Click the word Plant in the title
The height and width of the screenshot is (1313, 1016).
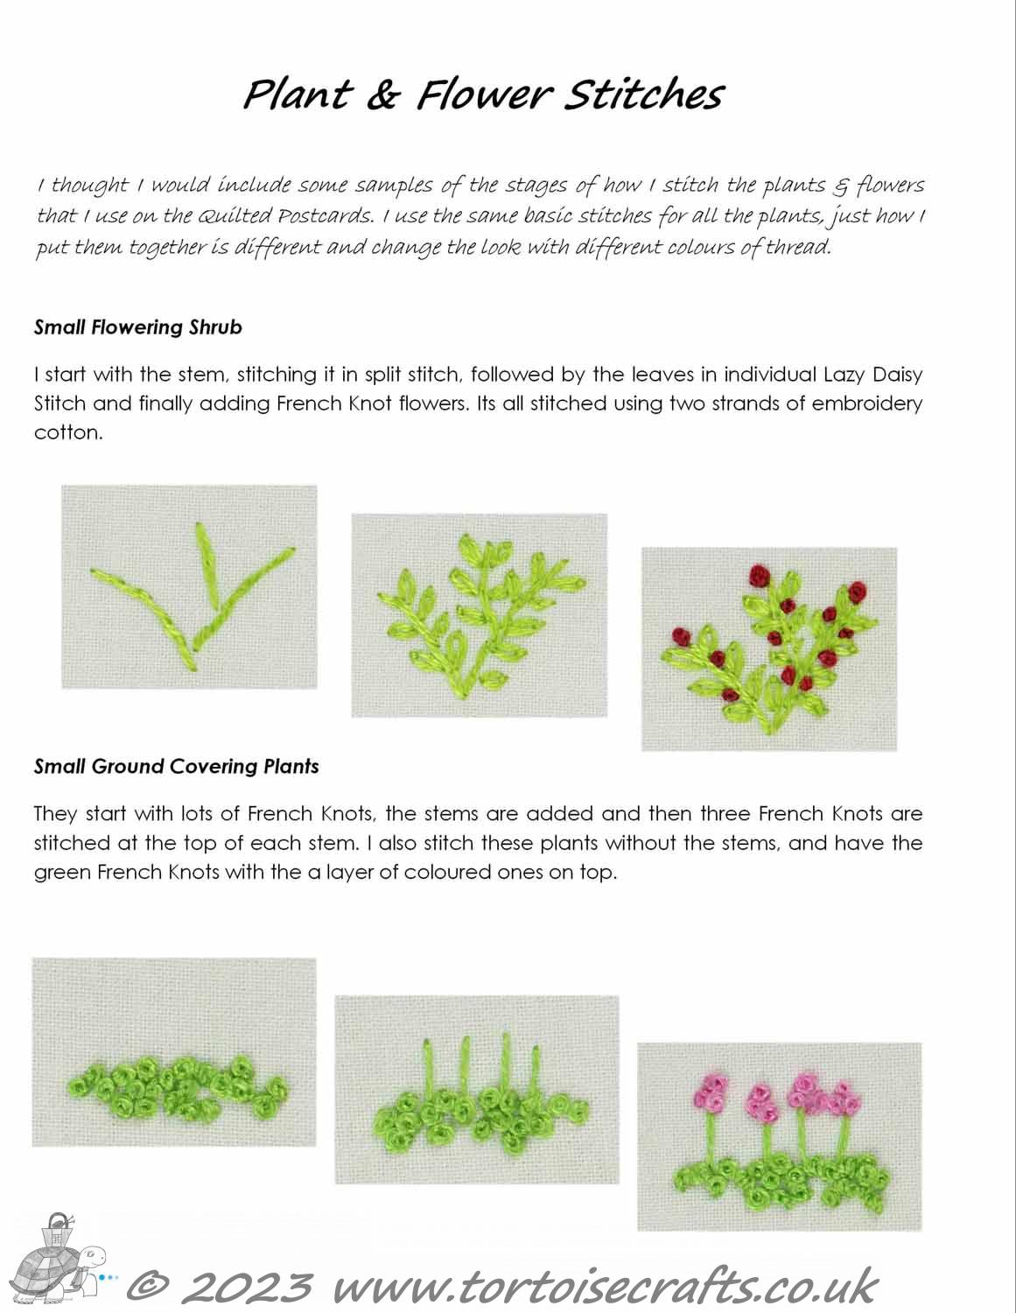click(x=296, y=95)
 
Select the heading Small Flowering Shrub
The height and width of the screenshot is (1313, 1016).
click(x=138, y=327)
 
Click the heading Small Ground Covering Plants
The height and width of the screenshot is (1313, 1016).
click(x=176, y=767)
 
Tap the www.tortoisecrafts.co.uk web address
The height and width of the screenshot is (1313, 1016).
click(x=604, y=1288)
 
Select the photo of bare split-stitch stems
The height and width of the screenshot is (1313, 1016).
click(x=189, y=586)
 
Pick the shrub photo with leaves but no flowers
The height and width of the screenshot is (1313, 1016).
click(x=479, y=615)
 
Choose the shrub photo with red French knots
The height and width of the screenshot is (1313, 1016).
click(x=769, y=649)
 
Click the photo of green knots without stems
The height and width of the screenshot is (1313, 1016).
click(x=174, y=1051)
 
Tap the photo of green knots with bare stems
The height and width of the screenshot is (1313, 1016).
click(x=476, y=1089)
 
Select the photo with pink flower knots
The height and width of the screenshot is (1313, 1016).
click(x=779, y=1135)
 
